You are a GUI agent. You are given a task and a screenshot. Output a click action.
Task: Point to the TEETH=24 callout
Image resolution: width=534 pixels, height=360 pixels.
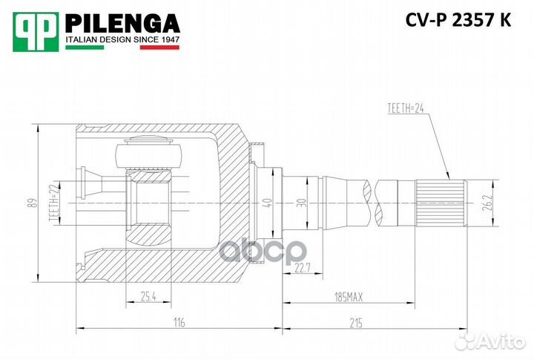pyautogui.click(x=409, y=109)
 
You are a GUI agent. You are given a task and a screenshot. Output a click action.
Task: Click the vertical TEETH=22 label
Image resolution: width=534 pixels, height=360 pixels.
pyautogui.click(x=53, y=203)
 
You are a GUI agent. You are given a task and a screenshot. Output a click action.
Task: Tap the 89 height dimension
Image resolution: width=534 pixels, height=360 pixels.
pyautogui.click(x=30, y=203)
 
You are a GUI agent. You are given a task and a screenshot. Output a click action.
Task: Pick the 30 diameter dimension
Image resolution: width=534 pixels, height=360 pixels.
pyautogui.click(x=300, y=203)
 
